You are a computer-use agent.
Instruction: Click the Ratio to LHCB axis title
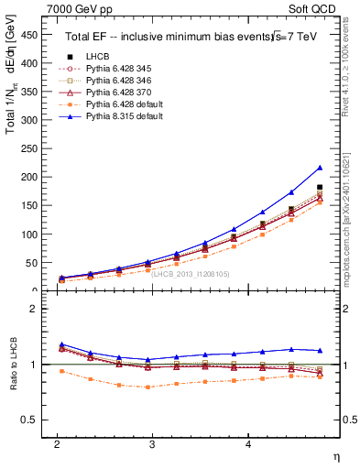(13, 365)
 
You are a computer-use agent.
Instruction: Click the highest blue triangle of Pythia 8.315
(319, 168)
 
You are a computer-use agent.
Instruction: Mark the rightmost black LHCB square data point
(319, 188)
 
